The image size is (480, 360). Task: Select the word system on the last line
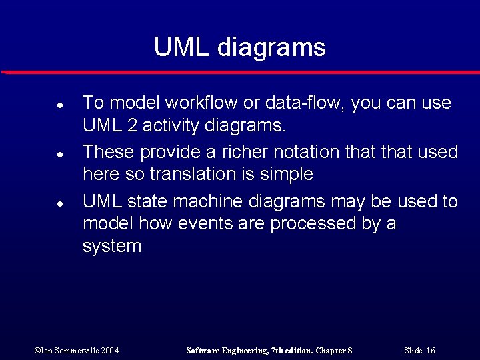(112, 247)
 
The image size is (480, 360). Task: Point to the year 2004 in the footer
(111, 350)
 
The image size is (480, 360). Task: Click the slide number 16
(430, 350)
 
